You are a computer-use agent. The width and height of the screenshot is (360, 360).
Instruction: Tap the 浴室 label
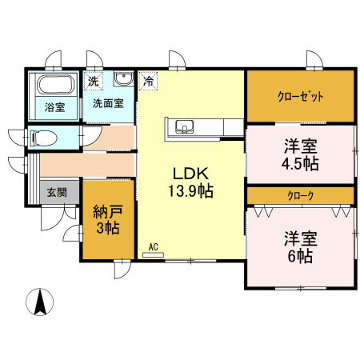(54, 107)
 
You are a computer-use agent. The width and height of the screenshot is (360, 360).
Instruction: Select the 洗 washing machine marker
(94, 81)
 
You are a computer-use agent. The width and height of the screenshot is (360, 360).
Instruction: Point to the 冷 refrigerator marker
(149, 81)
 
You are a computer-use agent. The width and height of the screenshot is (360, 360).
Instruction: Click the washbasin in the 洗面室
(123, 79)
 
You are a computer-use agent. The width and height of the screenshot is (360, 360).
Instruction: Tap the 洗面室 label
(108, 103)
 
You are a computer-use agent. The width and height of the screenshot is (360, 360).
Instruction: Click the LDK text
(190, 173)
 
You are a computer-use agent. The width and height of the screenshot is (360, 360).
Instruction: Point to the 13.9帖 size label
(190, 190)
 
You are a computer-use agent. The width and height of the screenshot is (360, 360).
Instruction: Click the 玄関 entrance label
(57, 192)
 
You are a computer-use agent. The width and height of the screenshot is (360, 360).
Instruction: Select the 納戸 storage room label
(106, 212)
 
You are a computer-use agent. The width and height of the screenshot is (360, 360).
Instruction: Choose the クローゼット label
(300, 97)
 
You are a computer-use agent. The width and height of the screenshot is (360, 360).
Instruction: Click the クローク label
(300, 195)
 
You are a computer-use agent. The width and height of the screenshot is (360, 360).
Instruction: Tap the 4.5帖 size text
(300, 165)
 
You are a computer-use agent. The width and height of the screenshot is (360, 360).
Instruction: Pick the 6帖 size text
(300, 256)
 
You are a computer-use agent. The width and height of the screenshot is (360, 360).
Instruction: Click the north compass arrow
(38, 302)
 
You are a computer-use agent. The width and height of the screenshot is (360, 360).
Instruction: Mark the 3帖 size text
(106, 229)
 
